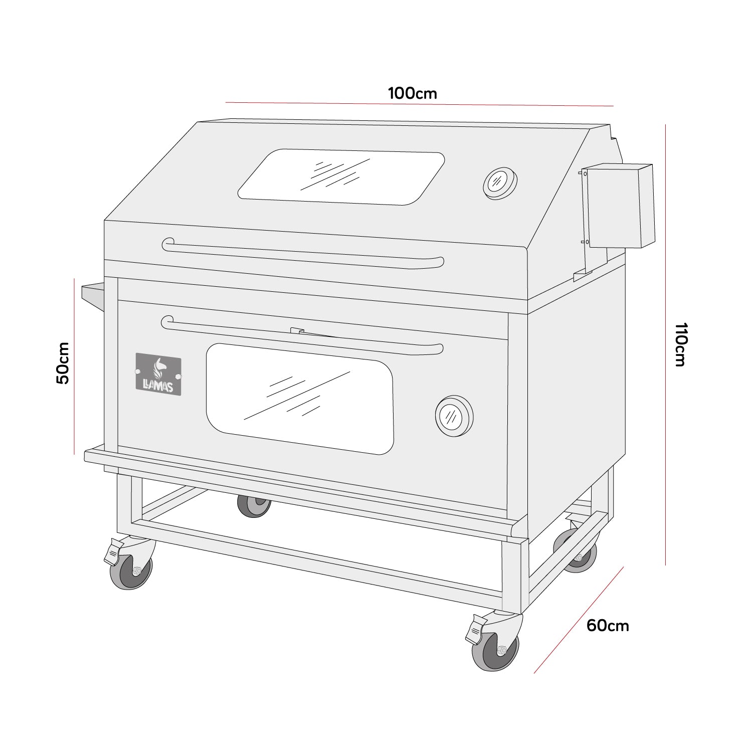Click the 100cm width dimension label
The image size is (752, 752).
coord(412,94)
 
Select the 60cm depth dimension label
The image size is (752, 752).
coord(608,626)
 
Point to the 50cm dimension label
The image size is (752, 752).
coord(63,363)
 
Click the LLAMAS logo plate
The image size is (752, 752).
coord(158,373)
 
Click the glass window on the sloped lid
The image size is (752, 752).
coord(341,177)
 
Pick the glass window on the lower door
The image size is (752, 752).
coord(300,399)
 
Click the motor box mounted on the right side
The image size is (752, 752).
coord(620,207)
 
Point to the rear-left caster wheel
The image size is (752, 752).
coord(254,506)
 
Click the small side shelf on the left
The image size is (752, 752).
coord(93,296)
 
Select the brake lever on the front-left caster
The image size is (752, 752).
coord(113,551)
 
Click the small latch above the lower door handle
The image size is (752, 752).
coord(297,331)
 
